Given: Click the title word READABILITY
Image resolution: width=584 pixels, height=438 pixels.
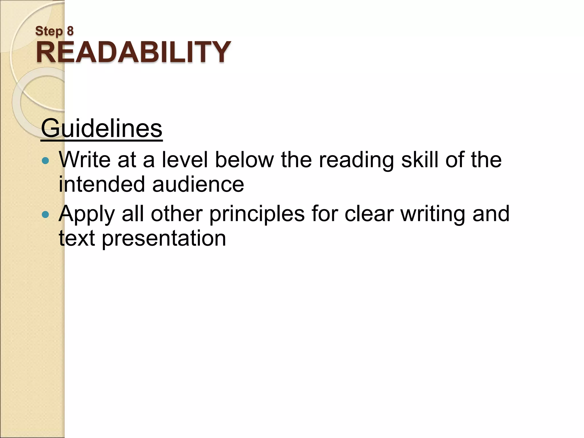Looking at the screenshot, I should [x=133, y=52].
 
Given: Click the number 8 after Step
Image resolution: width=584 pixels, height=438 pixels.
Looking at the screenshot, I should [x=70, y=31].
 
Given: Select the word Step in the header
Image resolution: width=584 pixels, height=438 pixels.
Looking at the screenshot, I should [x=49, y=31].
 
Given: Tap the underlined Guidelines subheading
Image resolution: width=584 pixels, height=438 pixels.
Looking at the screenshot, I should [x=102, y=129].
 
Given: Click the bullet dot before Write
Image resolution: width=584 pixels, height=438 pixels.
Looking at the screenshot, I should [x=45, y=161].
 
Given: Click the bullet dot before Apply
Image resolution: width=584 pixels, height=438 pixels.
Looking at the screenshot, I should [x=45, y=214].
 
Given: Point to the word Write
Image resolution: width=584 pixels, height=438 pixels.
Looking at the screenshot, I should [x=85, y=159].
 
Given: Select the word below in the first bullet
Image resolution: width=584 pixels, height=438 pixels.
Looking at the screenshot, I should [x=244, y=159].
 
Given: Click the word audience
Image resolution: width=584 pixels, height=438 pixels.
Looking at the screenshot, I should [x=198, y=184].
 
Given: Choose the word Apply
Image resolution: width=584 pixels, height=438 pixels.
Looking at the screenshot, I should [x=87, y=214].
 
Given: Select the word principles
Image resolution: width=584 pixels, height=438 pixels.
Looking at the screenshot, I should [x=257, y=214].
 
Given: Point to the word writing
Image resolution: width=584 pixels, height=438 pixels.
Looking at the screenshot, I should [x=433, y=214].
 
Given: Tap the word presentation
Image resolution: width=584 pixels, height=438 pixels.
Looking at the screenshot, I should [x=164, y=238].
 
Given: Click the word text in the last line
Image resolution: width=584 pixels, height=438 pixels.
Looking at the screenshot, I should [x=77, y=238].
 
